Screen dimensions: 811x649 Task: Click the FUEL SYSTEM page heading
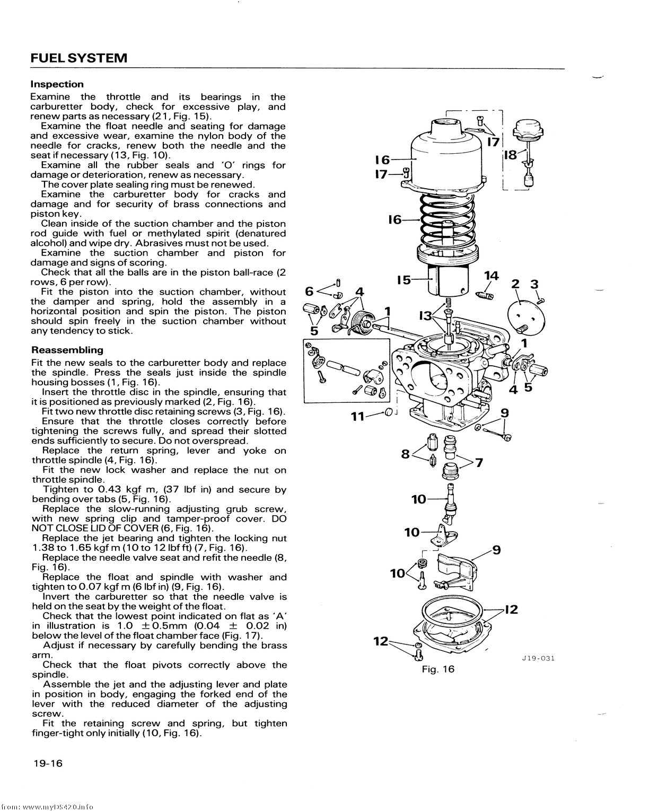(79, 58)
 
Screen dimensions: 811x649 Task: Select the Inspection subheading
(57, 84)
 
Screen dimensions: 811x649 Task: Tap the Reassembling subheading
(67, 350)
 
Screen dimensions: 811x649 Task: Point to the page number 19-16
(47, 763)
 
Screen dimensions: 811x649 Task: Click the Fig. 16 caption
(438, 669)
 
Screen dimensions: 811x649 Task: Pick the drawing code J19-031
(538, 659)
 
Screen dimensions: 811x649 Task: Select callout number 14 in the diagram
(492, 276)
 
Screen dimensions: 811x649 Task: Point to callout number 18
(510, 155)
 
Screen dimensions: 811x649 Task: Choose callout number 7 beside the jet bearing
(479, 463)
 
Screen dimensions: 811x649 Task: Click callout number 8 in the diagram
(406, 454)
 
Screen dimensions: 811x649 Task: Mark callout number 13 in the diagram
(425, 316)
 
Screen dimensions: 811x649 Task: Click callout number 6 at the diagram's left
(311, 291)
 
